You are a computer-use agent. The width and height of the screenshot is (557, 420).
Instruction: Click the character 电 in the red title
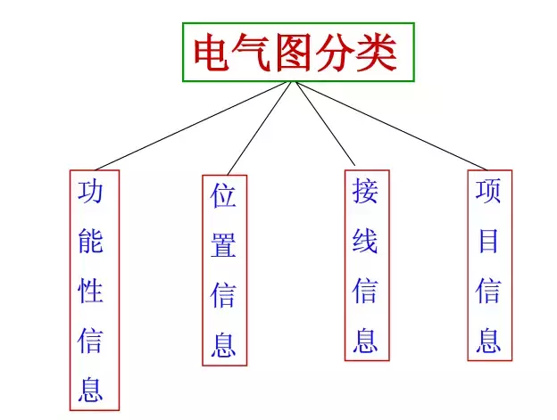(212, 52)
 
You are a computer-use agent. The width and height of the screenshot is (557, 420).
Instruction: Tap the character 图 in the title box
(294, 52)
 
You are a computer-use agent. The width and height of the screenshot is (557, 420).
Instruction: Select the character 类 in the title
(377, 52)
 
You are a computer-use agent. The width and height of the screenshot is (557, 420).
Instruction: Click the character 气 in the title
(253, 52)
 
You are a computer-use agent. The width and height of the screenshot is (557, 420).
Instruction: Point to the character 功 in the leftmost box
(90, 192)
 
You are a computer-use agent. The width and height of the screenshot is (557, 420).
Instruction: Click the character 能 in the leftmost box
(90, 241)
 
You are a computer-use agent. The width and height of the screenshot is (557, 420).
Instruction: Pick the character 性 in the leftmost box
(90, 291)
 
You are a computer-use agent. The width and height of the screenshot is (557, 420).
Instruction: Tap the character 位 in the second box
(223, 195)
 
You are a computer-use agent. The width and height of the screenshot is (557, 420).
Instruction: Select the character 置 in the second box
(223, 245)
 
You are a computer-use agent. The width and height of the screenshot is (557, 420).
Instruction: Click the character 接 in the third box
(365, 191)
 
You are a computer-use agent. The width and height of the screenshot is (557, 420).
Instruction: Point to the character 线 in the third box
(365, 241)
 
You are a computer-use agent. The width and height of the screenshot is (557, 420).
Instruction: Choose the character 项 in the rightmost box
(488, 191)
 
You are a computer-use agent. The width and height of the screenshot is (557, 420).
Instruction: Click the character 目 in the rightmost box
(488, 241)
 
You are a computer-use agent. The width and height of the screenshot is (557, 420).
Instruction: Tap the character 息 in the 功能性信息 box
(90, 390)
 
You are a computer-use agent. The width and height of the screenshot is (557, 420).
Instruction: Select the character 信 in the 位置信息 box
(223, 295)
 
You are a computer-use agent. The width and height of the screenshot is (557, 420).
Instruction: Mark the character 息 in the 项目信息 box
(488, 340)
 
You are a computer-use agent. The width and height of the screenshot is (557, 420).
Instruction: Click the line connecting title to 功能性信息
(193, 126)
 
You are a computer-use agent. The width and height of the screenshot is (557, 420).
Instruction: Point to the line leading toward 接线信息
(325, 124)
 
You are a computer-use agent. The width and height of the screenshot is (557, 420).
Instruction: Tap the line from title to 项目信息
(392, 126)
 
